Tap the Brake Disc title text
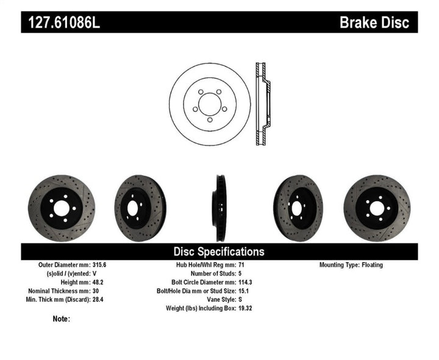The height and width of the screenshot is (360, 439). [378, 23]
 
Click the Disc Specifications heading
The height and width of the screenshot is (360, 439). [219, 251]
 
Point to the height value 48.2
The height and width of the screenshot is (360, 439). [97, 283]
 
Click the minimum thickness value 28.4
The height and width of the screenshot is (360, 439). [97, 300]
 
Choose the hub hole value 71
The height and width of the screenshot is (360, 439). [241, 265]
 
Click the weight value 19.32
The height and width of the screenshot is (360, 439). [246, 308]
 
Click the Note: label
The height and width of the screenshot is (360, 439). [62, 319]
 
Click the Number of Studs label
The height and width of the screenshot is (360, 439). [206, 274]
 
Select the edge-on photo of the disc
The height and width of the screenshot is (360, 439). [220, 208]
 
